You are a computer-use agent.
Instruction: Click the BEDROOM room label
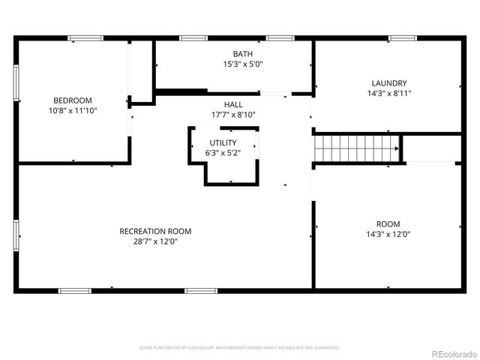72,100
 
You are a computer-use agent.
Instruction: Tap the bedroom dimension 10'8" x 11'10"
72,110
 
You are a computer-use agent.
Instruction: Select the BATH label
242,54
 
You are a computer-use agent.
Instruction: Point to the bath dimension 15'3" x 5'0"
242,64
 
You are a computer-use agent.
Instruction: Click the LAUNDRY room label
389,83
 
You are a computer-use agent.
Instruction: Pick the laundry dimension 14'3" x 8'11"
389,93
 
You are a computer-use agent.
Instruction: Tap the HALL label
233,104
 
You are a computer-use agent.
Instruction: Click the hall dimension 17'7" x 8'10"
233,115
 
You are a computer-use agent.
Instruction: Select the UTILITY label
223,142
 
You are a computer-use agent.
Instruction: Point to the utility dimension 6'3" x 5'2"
223,153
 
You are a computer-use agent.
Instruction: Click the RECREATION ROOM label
155,231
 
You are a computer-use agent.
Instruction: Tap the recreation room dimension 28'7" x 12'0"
155,241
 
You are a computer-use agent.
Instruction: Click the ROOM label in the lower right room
388,224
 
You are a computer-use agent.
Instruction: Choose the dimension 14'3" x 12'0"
388,234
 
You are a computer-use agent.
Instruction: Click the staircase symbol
354,148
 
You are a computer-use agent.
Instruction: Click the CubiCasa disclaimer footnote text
240,348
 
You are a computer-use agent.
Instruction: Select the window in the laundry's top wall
402,38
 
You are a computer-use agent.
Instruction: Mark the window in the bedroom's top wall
85,38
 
